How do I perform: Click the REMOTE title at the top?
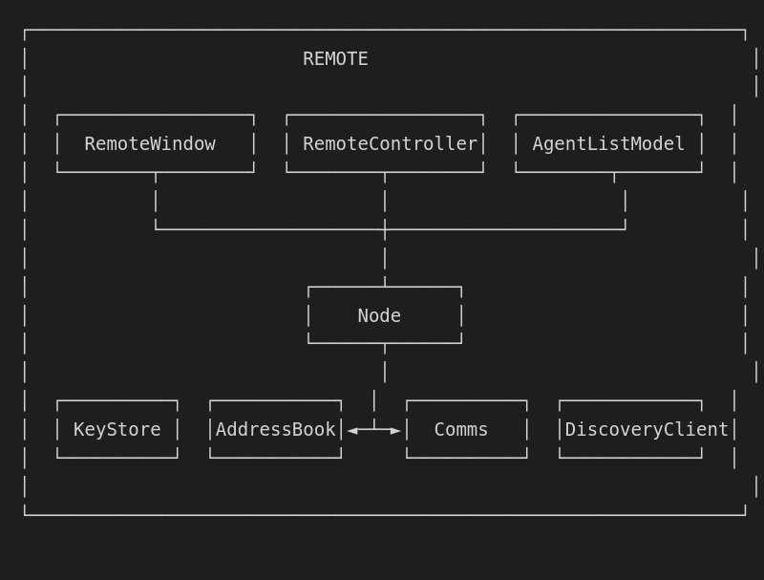point(335,59)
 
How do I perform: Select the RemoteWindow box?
point(156,143)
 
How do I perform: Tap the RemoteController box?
point(385,143)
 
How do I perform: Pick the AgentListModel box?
point(608,143)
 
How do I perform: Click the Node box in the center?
point(385,315)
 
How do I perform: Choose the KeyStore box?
point(117,429)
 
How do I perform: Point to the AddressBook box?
point(275,429)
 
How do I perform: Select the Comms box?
point(466,429)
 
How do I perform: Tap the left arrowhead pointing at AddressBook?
point(352,431)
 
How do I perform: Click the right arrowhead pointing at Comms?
point(395,431)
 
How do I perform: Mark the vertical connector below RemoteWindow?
point(156,201)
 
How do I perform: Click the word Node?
point(379,316)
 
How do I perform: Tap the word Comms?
point(461,430)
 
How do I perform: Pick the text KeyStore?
point(117,430)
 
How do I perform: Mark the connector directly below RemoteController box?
point(385,201)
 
